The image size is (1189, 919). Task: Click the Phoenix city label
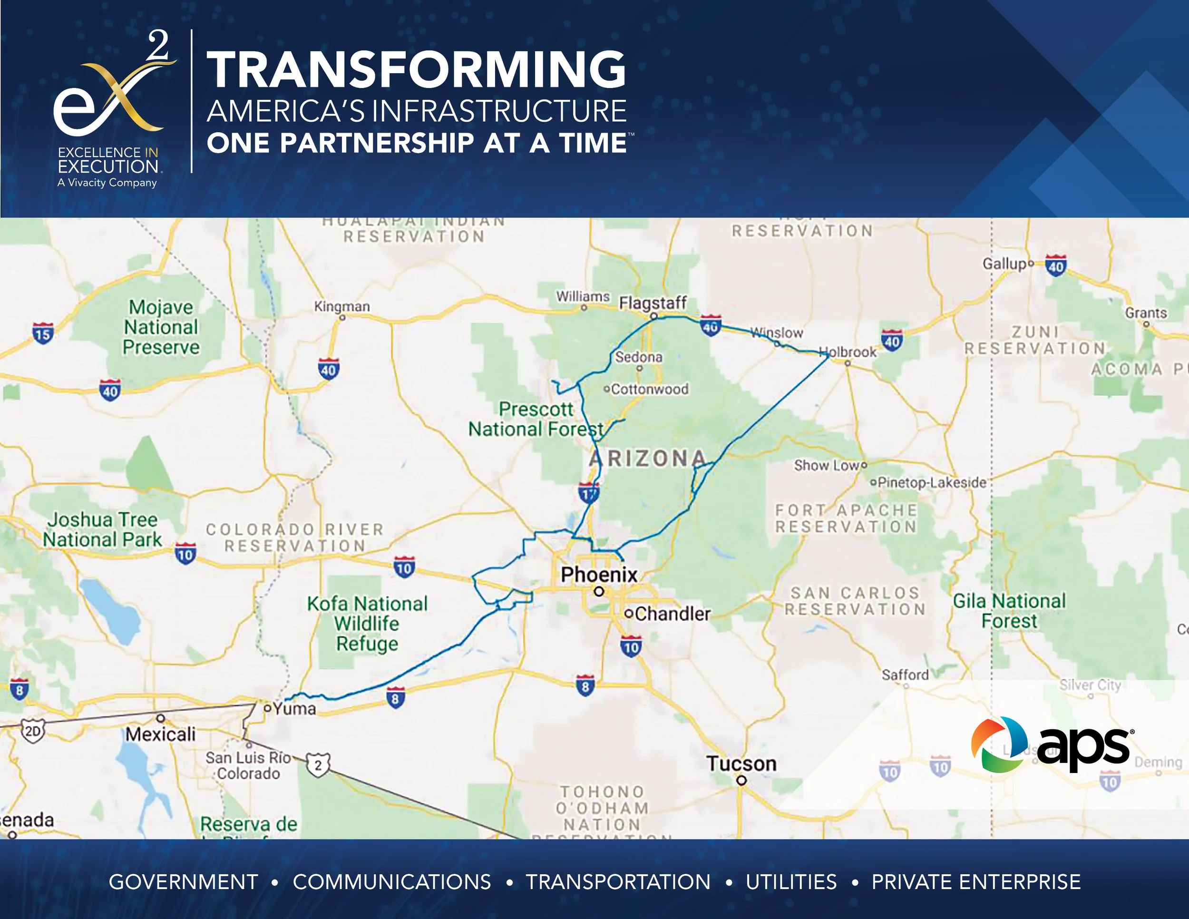[598, 575]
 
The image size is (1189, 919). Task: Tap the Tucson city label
[741, 763]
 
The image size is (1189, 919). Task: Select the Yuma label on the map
[294, 708]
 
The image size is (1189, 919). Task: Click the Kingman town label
[342, 306]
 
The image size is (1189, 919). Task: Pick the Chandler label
[672, 614]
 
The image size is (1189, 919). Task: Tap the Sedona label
[639, 357]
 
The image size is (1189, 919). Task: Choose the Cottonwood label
[649, 389]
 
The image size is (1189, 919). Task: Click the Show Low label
[827, 466]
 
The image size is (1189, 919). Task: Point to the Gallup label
[1004, 264]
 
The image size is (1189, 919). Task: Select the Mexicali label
[160, 734]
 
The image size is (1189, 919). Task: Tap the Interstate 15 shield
[42, 332]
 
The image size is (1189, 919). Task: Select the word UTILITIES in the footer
[791, 882]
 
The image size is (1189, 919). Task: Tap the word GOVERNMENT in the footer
[183, 882]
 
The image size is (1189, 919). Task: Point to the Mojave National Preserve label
[161, 327]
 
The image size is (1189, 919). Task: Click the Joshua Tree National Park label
[102, 529]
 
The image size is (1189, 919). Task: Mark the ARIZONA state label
[647, 459]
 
